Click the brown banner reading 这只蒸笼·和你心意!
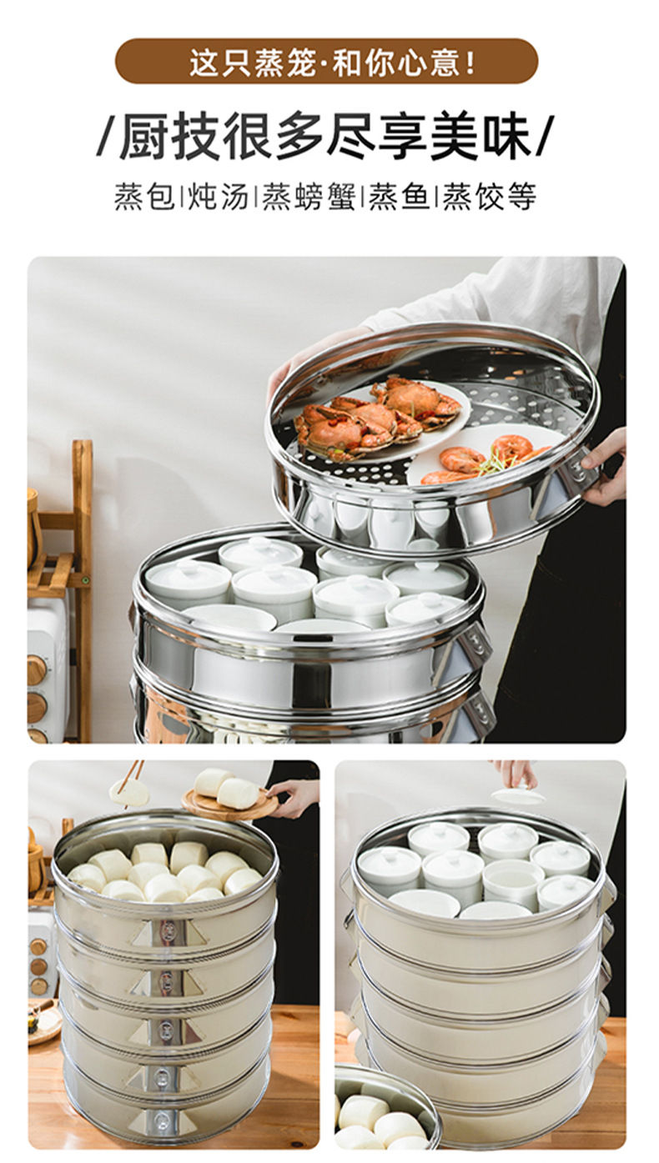coord(326,61)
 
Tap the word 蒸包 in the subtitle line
coord(143,197)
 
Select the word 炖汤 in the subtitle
coord(218,197)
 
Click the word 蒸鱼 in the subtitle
coord(400,197)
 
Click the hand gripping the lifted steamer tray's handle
coord(602,467)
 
